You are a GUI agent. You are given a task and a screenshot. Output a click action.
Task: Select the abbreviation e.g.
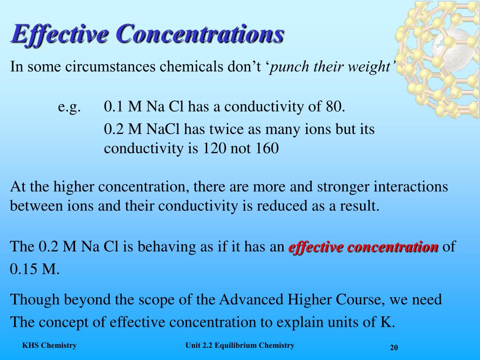click(69, 107)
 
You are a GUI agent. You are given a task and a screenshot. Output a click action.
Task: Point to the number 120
click(214, 149)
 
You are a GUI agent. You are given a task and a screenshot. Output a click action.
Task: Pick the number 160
click(267, 149)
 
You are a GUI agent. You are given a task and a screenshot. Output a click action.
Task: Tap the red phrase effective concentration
click(364, 247)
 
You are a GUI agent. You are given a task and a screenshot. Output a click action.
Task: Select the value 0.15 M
click(34, 270)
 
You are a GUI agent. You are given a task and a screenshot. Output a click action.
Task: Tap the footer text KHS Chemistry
click(49, 345)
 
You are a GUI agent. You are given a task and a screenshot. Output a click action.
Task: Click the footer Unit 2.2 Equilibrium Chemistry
click(240, 345)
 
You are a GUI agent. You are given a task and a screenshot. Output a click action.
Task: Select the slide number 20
click(394, 347)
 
